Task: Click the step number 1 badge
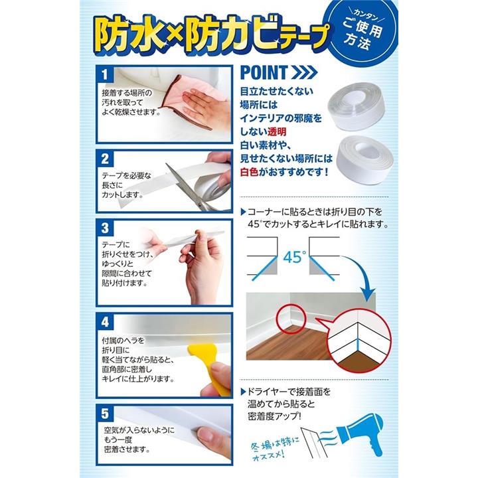(105, 74)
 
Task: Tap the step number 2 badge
(105, 159)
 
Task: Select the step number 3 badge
(105, 228)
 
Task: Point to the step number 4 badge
(105, 321)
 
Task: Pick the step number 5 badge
(105, 414)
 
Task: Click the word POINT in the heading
(264, 72)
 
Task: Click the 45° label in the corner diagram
(294, 257)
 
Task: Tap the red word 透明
(277, 131)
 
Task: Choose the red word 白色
(249, 172)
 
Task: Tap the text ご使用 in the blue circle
(362, 27)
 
